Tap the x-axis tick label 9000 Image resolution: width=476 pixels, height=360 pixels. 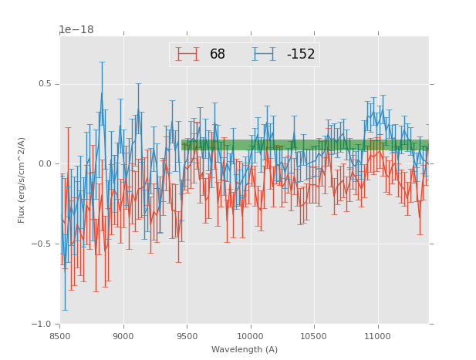click(x=123, y=336)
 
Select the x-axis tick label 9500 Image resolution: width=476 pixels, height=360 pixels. click(x=187, y=336)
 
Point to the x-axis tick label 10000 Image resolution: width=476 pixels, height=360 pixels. click(x=250, y=336)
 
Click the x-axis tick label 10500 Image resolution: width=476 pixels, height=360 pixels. click(x=313, y=336)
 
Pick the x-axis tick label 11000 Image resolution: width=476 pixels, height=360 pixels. click(x=377, y=336)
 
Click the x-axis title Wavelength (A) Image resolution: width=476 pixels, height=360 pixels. click(x=245, y=349)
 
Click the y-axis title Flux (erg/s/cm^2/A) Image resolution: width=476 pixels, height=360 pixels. click(x=22, y=180)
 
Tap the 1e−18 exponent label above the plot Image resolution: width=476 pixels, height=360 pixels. click(x=76, y=30)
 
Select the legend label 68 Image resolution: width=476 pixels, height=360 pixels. click(x=218, y=55)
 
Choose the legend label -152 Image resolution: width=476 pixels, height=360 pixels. click(x=301, y=55)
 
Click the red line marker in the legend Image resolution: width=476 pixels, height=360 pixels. click(x=187, y=55)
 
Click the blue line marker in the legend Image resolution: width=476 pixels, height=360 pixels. click(x=265, y=55)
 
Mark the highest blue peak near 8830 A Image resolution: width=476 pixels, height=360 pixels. click(x=102, y=93)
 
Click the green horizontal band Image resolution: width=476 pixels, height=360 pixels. click(x=309, y=144)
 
